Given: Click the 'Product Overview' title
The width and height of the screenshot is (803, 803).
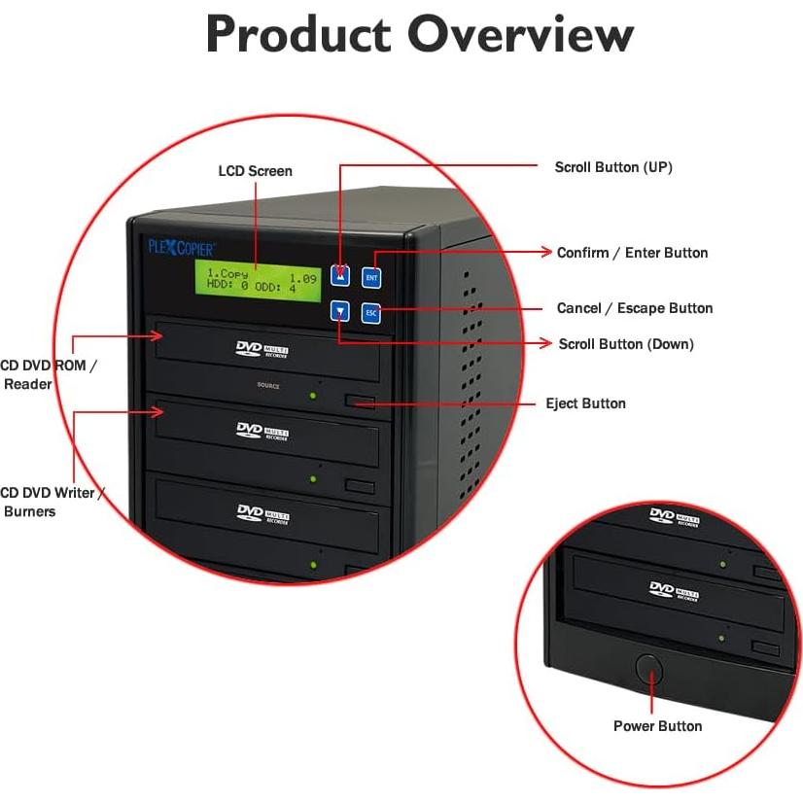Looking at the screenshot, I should pyautogui.click(x=419, y=36).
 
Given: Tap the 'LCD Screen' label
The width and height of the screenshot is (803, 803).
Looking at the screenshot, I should pyautogui.click(x=255, y=171).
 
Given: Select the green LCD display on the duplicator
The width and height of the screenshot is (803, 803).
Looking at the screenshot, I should pyautogui.click(x=256, y=280).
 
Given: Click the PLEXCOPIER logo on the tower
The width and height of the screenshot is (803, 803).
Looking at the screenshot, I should pyautogui.click(x=181, y=247).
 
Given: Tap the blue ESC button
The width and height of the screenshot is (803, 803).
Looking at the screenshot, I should pyautogui.click(x=370, y=313).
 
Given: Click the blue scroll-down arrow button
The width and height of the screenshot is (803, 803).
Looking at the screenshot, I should pyautogui.click(x=339, y=312).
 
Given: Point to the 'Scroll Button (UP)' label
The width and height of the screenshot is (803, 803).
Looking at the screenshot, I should pyautogui.click(x=612, y=167).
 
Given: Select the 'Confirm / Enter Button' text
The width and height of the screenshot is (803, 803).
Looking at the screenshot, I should pyautogui.click(x=632, y=253).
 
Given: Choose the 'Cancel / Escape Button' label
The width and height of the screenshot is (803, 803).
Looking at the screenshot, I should pyautogui.click(x=634, y=308).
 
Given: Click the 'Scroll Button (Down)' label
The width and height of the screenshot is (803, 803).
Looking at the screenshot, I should pyautogui.click(x=625, y=344).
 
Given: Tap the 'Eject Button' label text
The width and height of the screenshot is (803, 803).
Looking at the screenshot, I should pyautogui.click(x=585, y=403).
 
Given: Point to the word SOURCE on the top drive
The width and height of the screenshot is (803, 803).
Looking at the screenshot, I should pyautogui.click(x=268, y=386).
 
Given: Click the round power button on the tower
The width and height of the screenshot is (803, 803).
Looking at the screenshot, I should pyautogui.click(x=647, y=670).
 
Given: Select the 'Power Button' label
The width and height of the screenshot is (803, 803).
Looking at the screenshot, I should pyautogui.click(x=657, y=726).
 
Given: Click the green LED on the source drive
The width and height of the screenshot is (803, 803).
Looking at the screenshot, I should pyautogui.click(x=313, y=396).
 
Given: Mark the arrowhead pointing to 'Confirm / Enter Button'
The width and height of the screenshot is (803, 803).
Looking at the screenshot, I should pyautogui.click(x=546, y=252).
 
